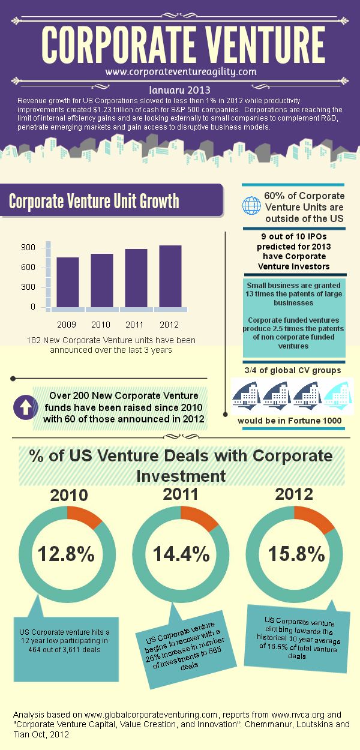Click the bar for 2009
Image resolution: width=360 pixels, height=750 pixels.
[x=67, y=282]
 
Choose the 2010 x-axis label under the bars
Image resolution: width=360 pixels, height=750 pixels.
[x=101, y=325]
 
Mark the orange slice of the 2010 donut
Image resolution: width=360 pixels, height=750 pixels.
[x=85, y=518]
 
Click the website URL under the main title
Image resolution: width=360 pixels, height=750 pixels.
[x=181, y=71]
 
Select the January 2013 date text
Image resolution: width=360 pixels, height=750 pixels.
[x=179, y=89]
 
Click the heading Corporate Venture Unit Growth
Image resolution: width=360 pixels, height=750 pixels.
[x=94, y=201]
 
